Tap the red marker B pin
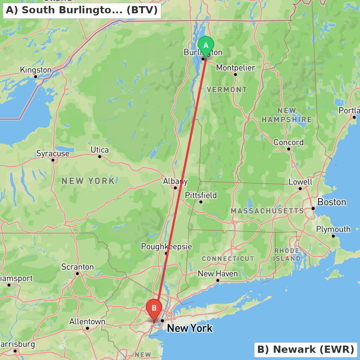154,309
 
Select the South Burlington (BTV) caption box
82,10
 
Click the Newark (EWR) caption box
306,349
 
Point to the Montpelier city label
235,68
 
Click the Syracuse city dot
53,160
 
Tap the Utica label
100,149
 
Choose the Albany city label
175,181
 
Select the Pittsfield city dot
201,202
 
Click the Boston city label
332,202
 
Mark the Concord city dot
289,149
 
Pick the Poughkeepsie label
166,247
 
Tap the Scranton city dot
77,274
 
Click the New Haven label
218,274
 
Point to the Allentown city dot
87,328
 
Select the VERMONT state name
227,89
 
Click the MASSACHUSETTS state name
267,211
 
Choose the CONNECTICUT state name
228,258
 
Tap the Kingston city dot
36,76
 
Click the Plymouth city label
333,229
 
